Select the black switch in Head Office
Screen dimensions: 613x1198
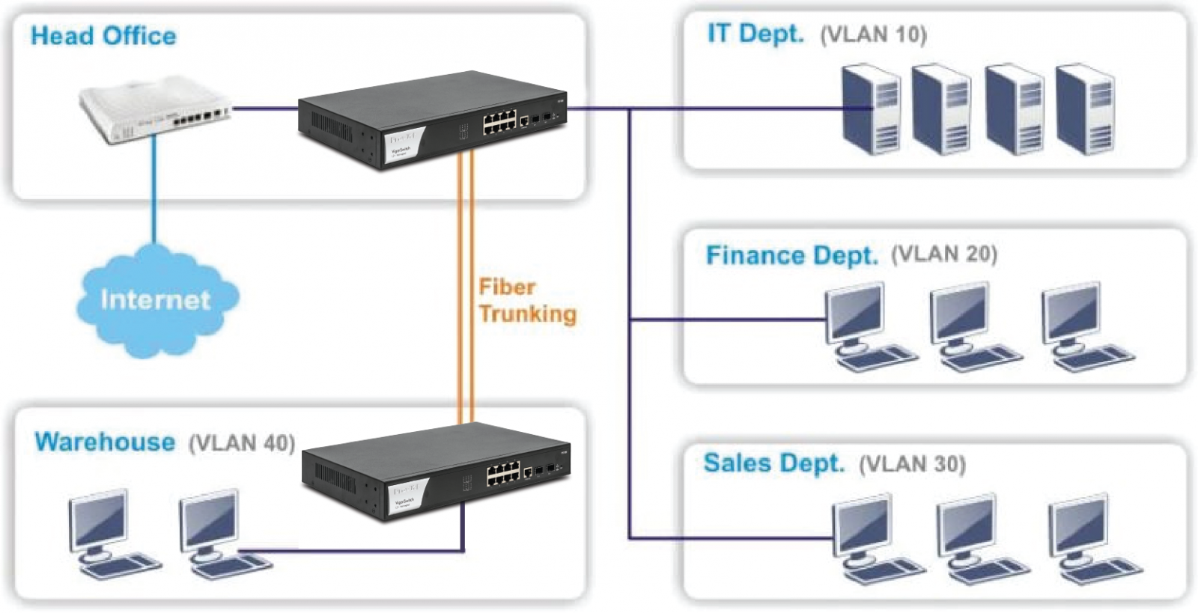(x=432, y=120)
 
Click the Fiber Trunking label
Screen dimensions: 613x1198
(x=527, y=300)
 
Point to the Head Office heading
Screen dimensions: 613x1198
(x=103, y=36)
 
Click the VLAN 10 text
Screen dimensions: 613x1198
(x=873, y=34)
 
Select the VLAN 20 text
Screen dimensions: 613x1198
(x=943, y=254)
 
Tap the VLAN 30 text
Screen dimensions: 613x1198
(x=912, y=464)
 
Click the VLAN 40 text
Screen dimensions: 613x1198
(x=241, y=443)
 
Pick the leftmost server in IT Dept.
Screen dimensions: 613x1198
(x=870, y=109)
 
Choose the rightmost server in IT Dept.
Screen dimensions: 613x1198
(x=1084, y=109)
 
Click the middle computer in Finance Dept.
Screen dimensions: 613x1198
(x=970, y=326)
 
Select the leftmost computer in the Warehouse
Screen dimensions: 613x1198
(x=108, y=533)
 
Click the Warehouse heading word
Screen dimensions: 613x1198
(x=105, y=442)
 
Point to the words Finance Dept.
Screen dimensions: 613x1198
(x=791, y=255)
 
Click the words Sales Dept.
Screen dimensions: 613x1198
(x=773, y=463)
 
